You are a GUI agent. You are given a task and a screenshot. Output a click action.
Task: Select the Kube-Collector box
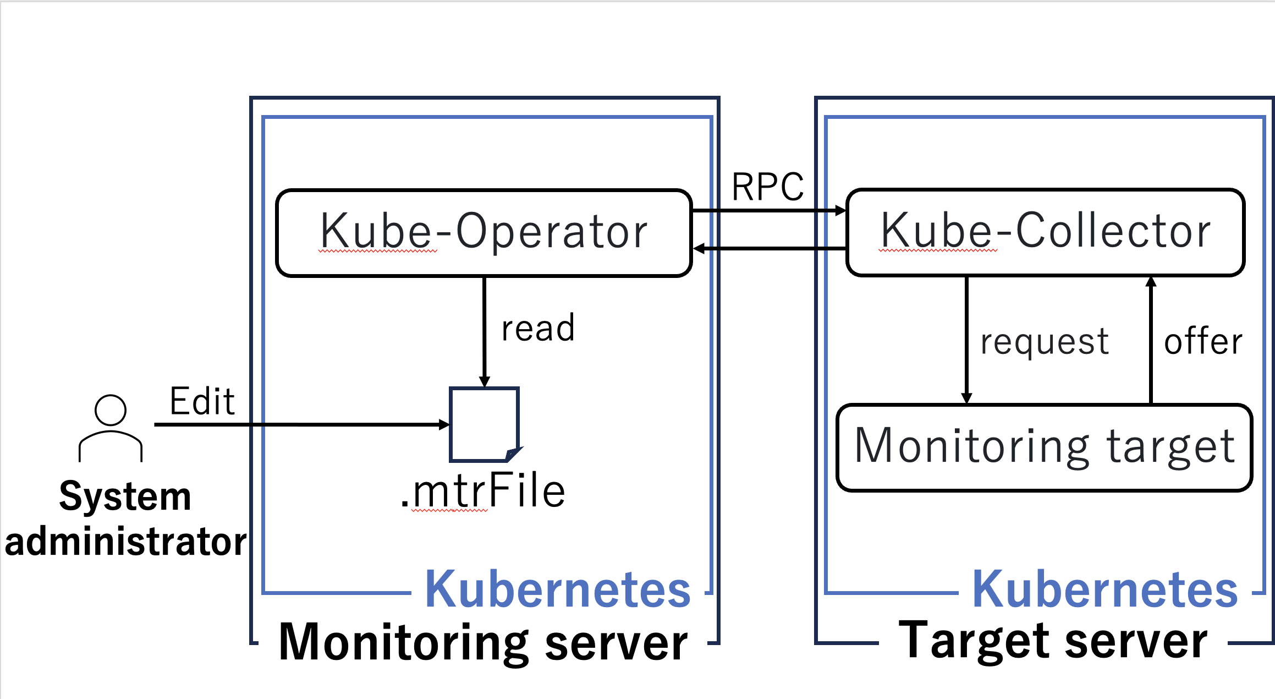1045,232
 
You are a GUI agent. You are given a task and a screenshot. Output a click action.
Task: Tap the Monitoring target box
1044,447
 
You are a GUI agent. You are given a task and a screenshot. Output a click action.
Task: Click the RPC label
768,187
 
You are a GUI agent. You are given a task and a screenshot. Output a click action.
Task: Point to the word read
538,329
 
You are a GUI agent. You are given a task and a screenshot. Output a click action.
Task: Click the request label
1045,342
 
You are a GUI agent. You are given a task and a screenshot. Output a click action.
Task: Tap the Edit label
202,401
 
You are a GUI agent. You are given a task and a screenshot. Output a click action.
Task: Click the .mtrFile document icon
484,424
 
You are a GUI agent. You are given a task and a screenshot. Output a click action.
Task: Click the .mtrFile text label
483,491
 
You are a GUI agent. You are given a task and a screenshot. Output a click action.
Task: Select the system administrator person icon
111,428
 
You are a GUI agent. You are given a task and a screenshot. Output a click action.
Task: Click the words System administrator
125,519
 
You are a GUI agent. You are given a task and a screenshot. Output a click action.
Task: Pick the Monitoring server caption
483,642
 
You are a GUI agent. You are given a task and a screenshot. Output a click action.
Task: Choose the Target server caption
1052,641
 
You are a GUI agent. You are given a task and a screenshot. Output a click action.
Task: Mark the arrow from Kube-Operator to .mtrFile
484,330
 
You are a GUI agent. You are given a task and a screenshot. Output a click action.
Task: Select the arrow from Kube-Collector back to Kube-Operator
770,249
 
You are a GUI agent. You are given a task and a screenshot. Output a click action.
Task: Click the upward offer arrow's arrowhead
1151,282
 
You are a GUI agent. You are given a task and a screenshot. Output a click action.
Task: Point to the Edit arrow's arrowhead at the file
444,424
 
